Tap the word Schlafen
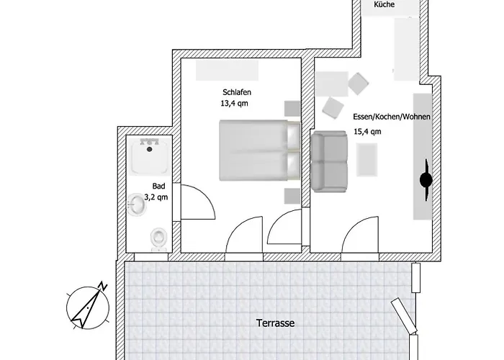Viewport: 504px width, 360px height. (x=236, y=93)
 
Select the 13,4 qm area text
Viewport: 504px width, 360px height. (x=235, y=104)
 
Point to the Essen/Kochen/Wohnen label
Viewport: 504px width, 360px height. (x=392, y=117)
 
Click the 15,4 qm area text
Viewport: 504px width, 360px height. (x=367, y=132)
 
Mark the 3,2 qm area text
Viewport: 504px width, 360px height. (x=156, y=197)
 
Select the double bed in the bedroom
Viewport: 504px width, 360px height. (x=258, y=150)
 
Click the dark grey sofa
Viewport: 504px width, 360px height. (x=330, y=162)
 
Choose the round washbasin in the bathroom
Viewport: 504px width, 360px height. (x=137, y=206)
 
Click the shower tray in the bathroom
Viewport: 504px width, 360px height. (x=150, y=156)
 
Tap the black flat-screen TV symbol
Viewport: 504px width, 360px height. (x=425, y=180)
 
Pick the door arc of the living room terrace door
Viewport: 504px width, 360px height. (x=360, y=236)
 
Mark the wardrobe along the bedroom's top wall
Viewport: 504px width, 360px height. (x=226, y=70)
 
